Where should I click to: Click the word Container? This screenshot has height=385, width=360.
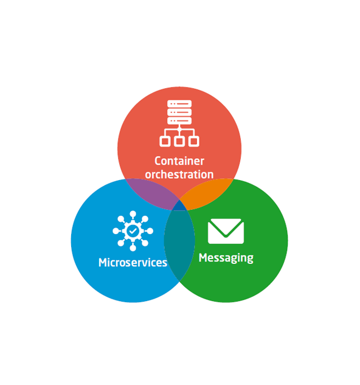(x=179, y=161)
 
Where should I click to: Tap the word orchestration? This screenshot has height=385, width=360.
(x=179, y=175)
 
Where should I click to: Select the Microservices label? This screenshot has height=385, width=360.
(x=133, y=262)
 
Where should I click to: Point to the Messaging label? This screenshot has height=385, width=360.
(x=226, y=258)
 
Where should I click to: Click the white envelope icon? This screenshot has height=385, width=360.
(x=226, y=231)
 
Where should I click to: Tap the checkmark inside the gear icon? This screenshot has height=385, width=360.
(x=133, y=231)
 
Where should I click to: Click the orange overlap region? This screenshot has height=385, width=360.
(x=206, y=193)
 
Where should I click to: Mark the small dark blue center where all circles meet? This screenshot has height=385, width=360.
(x=179, y=206)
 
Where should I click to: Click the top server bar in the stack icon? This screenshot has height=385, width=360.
(x=179, y=104)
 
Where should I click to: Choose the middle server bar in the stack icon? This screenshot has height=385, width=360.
(x=179, y=112)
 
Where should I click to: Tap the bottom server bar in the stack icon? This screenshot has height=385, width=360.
(x=179, y=120)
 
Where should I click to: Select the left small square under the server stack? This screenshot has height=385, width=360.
(x=165, y=142)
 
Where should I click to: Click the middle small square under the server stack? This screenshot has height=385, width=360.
(x=179, y=142)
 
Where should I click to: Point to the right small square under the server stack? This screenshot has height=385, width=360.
(x=194, y=142)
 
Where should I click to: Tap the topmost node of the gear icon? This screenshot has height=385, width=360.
(x=133, y=214)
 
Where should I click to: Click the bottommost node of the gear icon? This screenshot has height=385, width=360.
(x=133, y=248)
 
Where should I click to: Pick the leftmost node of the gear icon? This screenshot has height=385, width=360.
(x=116, y=231)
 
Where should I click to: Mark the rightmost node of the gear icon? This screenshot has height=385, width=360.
(x=150, y=231)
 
